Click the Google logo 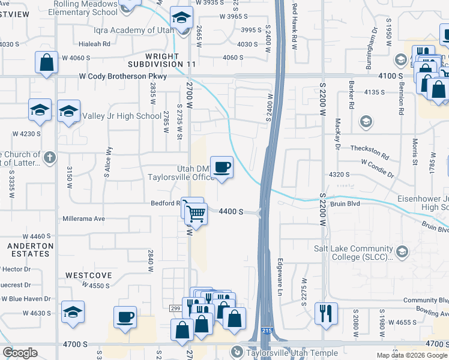(x=20, y=353)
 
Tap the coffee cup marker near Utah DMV (x=221, y=167)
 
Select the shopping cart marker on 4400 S (x=195, y=212)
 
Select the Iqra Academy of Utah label (x=127, y=30)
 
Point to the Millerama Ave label (x=83, y=219)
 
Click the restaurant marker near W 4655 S (x=326, y=313)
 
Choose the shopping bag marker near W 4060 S (x=47, y=62)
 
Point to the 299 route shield (x=175, y=308)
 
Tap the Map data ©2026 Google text (x=411, y=355)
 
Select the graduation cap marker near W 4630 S (x=73, y=312)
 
